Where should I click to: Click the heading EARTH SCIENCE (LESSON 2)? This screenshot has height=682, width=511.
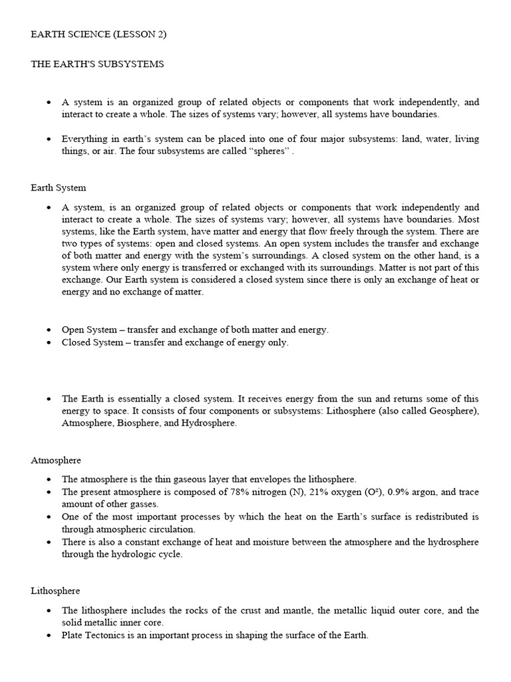(98, 35)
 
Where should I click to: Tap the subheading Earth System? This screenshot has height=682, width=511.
(59, 188)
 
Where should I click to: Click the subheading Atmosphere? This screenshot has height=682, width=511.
(56, 460)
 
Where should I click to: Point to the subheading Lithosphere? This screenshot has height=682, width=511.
(55, 591)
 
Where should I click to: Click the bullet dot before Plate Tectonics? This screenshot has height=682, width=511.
(49, 636)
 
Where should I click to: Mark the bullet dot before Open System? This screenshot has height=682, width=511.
(49, 330)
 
